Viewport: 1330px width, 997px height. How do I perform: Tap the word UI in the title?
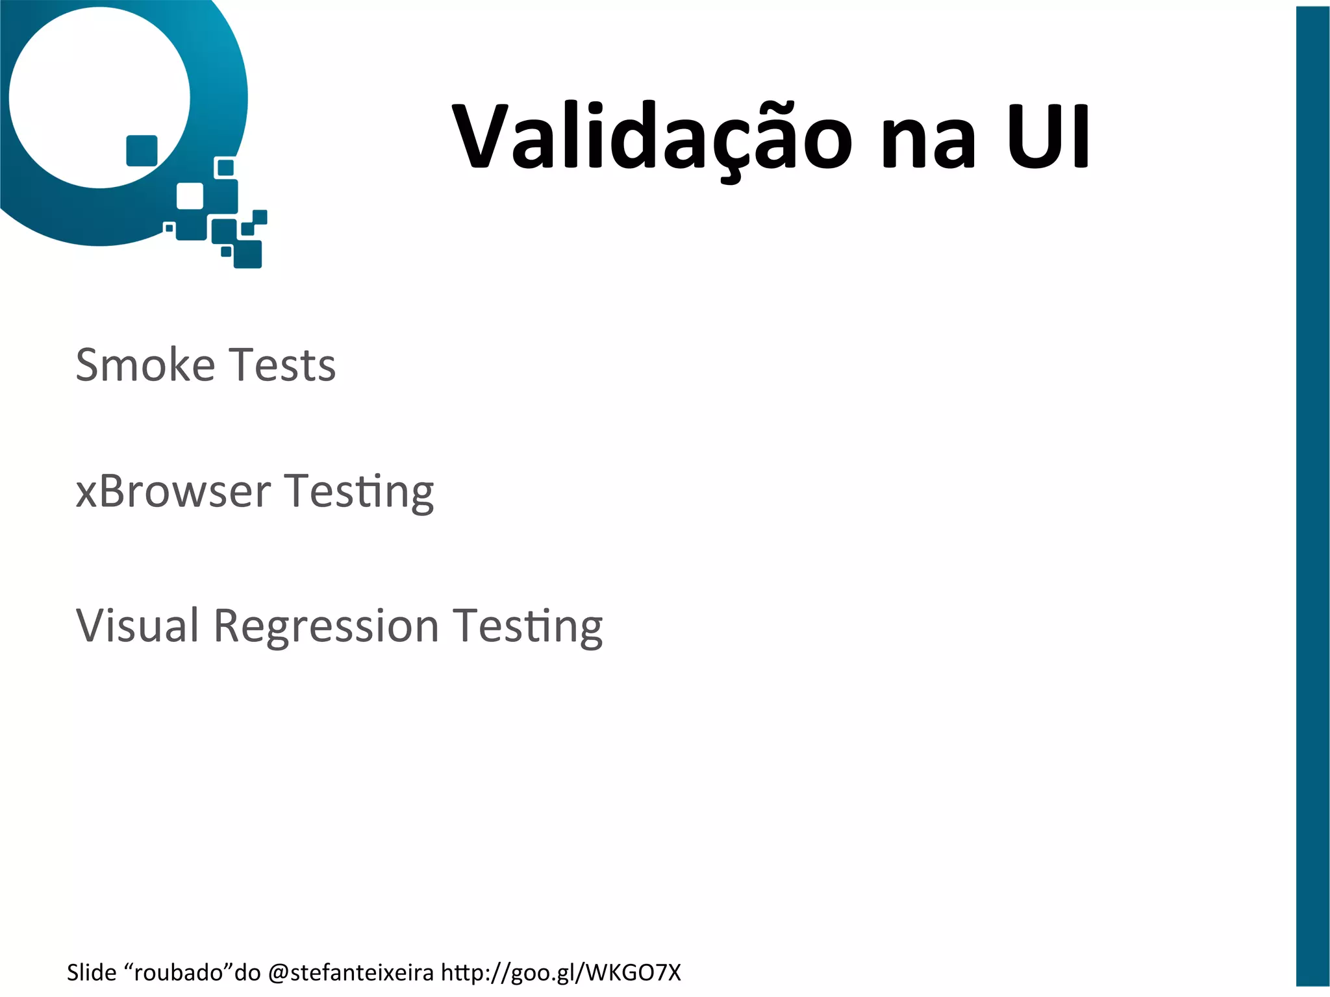(1048, 137)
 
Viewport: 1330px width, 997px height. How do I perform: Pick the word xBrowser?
(173, 491)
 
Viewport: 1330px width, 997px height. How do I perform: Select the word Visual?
(137, 626)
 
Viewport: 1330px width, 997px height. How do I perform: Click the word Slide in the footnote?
(92, 972)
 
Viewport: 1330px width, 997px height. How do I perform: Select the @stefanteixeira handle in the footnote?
(351, 972)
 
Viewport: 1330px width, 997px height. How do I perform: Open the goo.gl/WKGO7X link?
(561, 973)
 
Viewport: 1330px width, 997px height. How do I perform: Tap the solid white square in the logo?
(190, 196)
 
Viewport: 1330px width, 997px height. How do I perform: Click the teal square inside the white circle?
(142, 151)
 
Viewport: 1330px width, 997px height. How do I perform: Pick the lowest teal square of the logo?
(247, 254)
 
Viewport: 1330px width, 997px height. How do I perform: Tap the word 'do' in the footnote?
(247, 972)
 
